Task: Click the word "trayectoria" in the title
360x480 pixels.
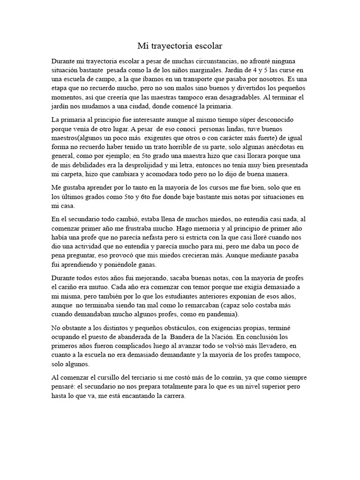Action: [x=172, y=46]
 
